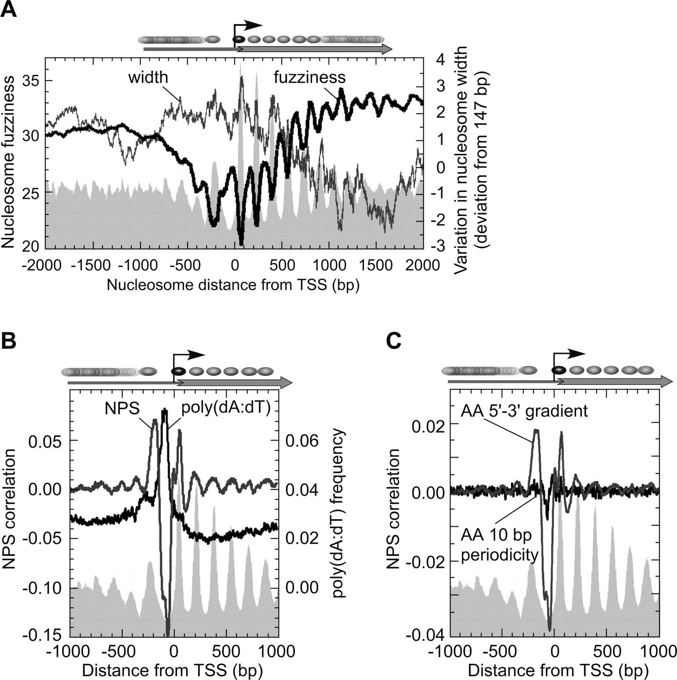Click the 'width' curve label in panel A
(148, 77)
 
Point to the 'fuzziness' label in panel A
(310, 77)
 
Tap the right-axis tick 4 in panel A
(439, 59)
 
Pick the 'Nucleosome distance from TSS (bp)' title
(233, 285)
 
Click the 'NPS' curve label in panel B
(122, 409)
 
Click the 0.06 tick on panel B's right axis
(302, 441)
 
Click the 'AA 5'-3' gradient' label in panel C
(524, 411)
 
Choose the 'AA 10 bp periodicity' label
(500, 545)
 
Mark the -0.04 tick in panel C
(425, 634)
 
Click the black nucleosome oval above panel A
(239, 40)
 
